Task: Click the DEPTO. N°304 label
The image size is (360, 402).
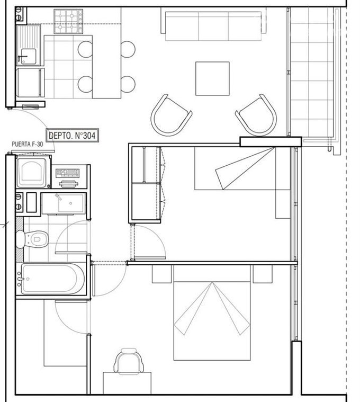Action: coord(72,135)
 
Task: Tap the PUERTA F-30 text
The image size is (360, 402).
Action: coord(28,145)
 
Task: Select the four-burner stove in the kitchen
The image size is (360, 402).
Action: coord(68,22)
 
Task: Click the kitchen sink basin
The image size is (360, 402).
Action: coord(28,57)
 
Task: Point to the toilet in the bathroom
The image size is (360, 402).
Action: coord(32,239)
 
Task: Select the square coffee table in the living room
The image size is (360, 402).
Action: coord(212,78)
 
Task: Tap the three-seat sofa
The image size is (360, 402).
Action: coord(213,24)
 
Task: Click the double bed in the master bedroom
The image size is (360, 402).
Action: coord(212,312)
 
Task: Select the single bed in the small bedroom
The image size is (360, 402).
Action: coord(242,168)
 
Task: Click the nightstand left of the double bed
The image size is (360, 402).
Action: coord(161,274)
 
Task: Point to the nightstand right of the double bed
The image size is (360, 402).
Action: coord(263,274)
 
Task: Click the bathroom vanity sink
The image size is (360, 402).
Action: coord(64,203)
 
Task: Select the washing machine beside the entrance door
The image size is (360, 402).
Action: coord(32,173)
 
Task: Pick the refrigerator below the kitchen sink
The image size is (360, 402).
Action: coord(29,82)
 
